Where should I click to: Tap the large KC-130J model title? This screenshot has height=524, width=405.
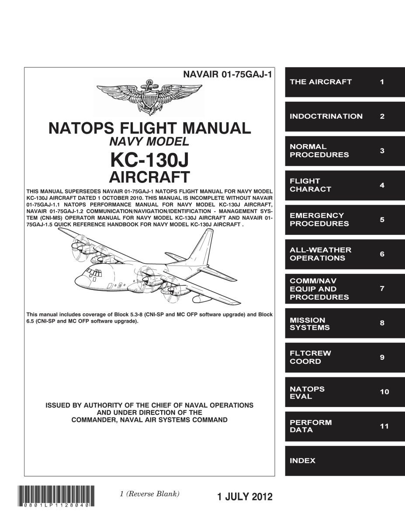tap(150, 160)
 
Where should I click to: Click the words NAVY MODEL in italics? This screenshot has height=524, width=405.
tap(149, 142)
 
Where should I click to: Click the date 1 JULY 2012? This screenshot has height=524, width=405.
tap(245, 496)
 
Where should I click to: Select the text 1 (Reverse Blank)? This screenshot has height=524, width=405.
tap(150, 494)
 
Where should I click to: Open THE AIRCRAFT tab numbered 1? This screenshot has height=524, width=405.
tap(345, 82)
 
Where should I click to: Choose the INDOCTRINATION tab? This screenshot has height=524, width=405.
tap(345, 117)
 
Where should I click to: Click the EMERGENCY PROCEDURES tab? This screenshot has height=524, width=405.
tap(345, 220)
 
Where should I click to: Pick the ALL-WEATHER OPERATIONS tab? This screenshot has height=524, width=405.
tap(345, 254)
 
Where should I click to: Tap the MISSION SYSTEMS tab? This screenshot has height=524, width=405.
tap(345, 324)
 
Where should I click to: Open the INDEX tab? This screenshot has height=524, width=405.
tap(345, 461)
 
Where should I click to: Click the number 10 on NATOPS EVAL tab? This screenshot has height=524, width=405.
tap(384, 392)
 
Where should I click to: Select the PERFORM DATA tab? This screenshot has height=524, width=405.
tap(345, 426)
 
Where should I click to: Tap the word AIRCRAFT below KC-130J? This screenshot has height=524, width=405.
tap(149, 177)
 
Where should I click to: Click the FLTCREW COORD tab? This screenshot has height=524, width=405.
tap(345, 357)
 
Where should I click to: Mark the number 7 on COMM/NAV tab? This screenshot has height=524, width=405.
tap(382, 289)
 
